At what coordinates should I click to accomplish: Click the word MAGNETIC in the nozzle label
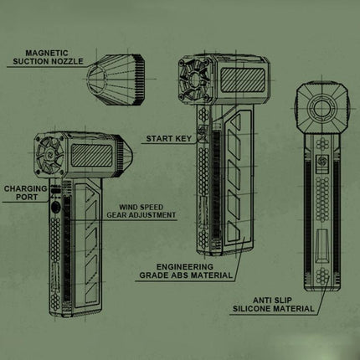coord(47,53)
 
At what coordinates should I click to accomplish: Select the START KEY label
coord(169,138)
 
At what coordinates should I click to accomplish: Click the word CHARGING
coord(25,188)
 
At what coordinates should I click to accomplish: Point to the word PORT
coord(27,197)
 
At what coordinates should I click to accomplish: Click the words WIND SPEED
coord(141,207)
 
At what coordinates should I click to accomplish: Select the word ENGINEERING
coord(184,267)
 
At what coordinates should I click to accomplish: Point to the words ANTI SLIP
coord(272,301)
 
